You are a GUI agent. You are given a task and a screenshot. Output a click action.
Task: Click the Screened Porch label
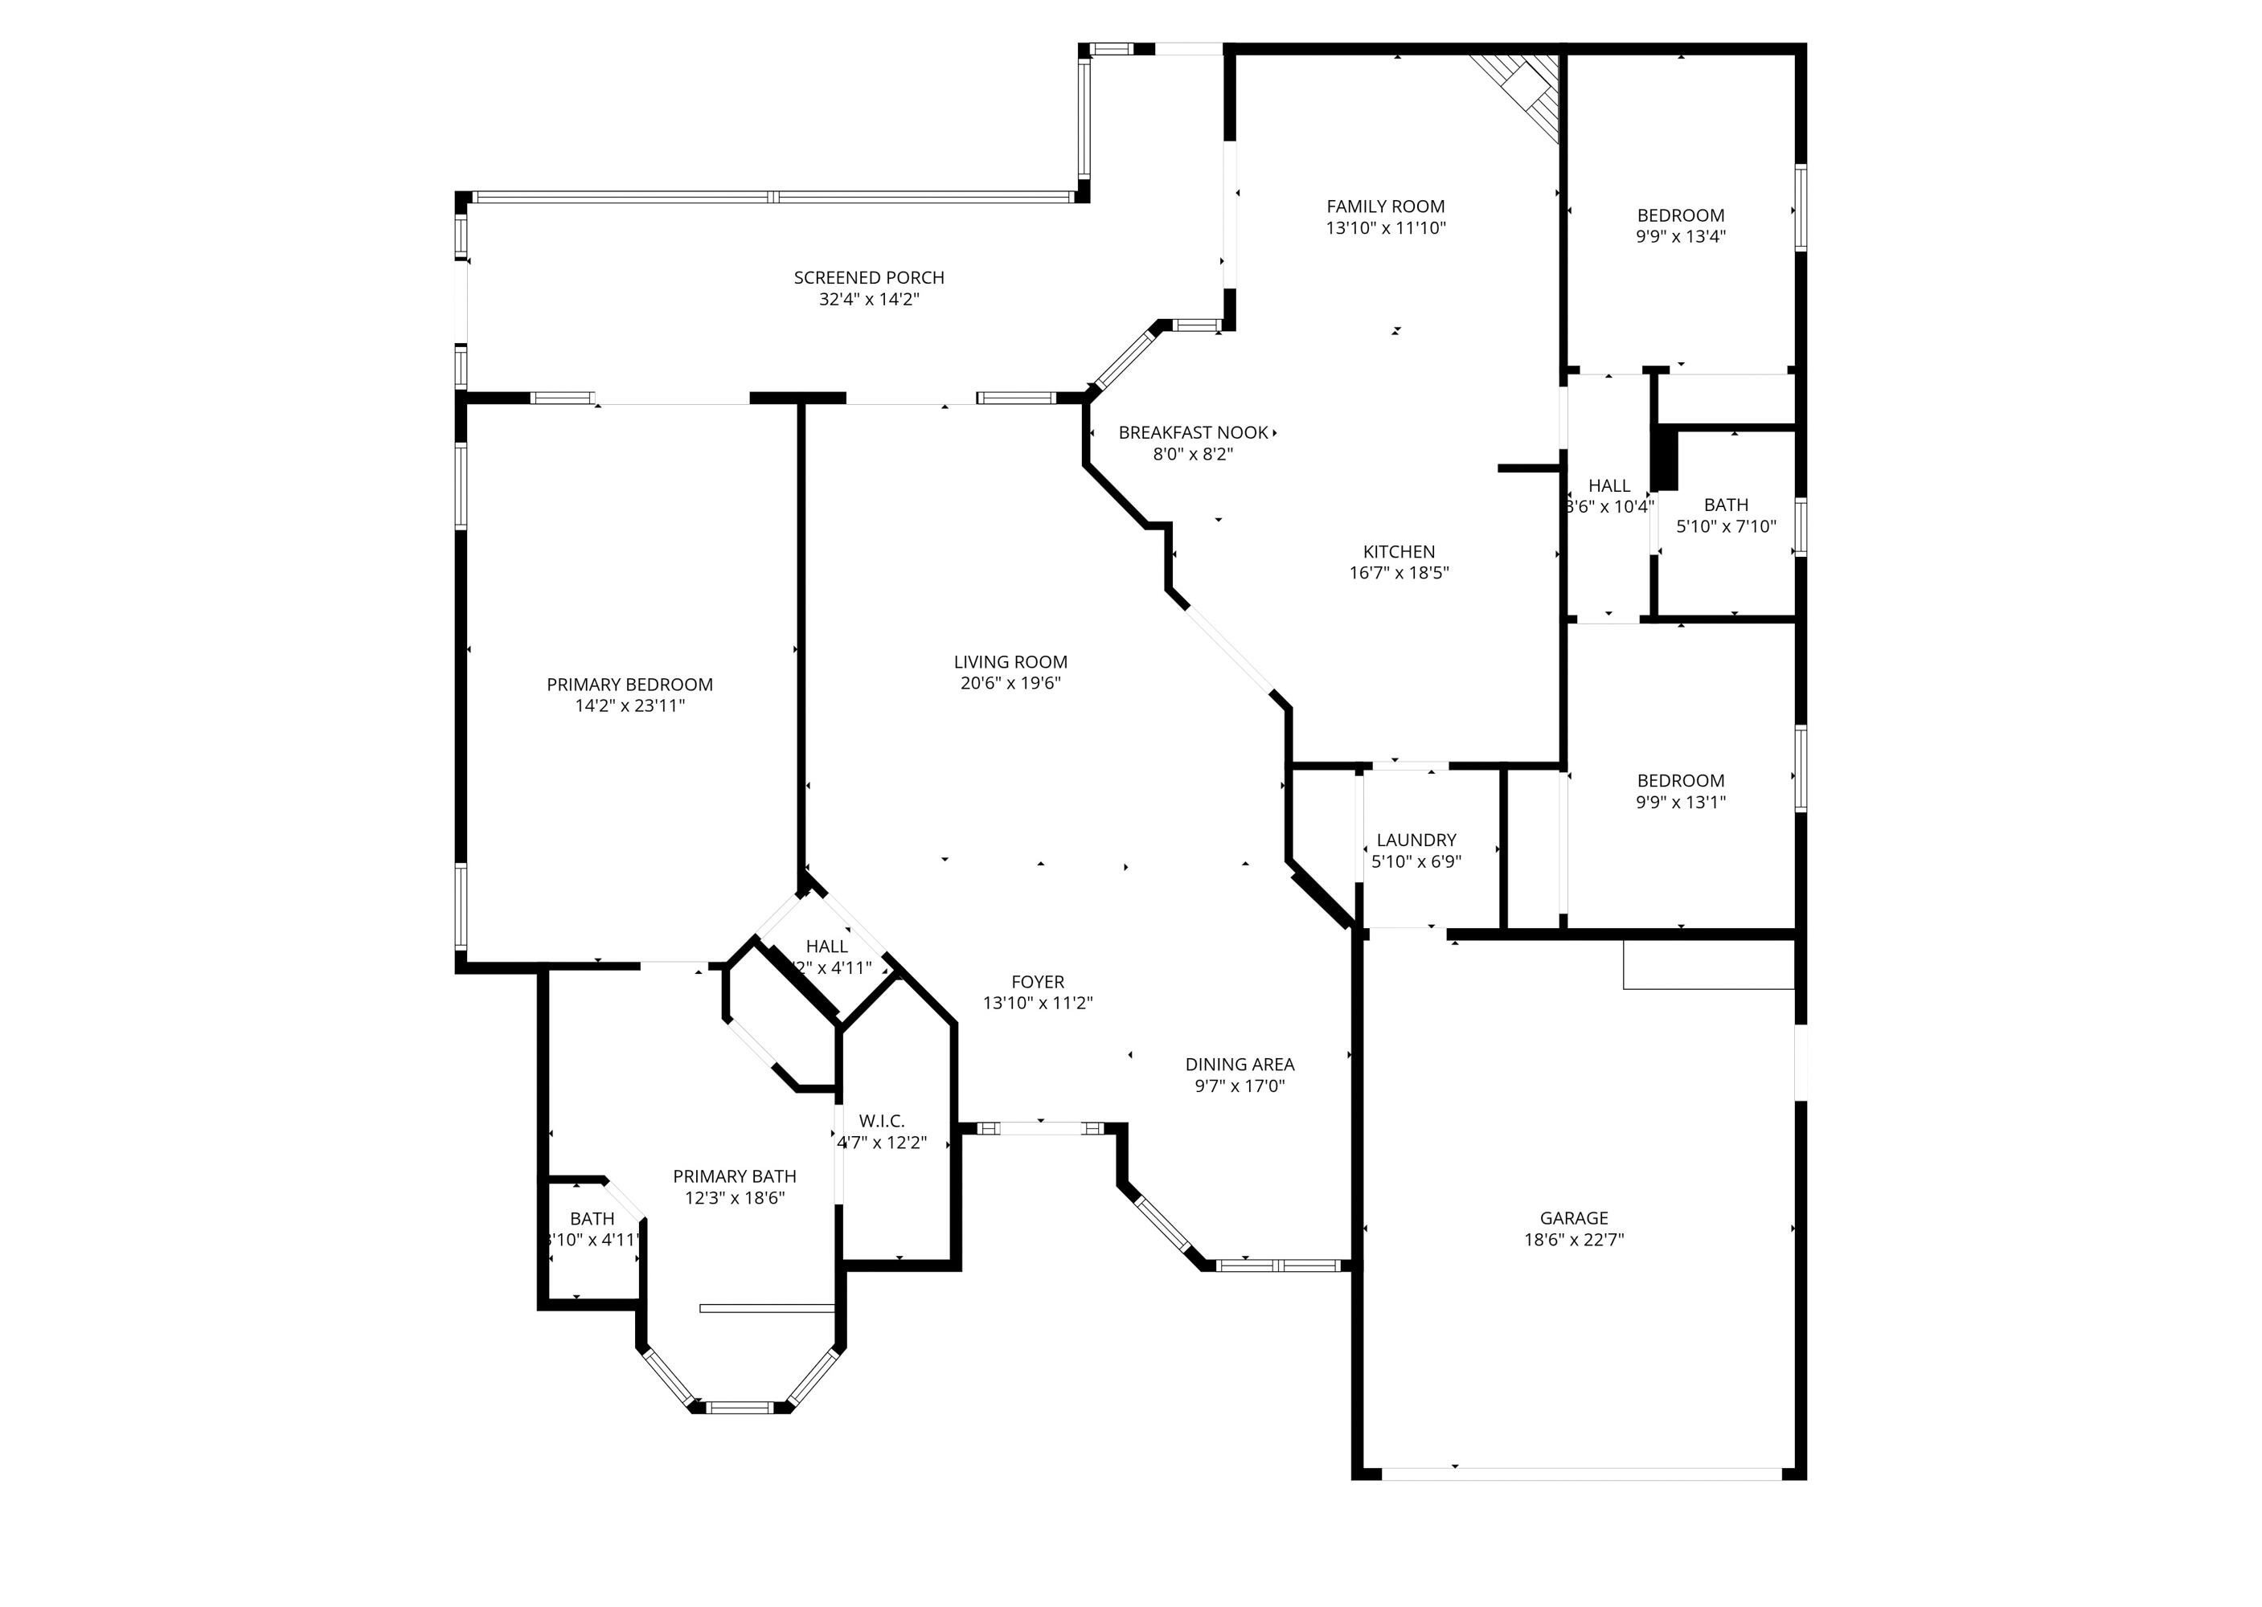pos(868,278)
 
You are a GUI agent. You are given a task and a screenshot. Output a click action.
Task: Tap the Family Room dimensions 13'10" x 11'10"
pos(1386,228)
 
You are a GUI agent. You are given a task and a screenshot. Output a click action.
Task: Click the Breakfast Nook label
pos(1193,433)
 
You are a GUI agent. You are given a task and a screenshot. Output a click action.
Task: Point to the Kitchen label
pos(1398,552)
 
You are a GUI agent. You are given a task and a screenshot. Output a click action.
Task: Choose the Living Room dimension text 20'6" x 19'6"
pos(1010,684)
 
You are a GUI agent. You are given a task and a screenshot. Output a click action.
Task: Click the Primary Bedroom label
pos(629,685)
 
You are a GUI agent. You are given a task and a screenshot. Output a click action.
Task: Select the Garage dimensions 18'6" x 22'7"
pos(1574,1240)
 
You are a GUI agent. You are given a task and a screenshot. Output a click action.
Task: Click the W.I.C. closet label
pos(881,1121)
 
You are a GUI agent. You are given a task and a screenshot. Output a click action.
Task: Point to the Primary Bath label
pos(735,1176)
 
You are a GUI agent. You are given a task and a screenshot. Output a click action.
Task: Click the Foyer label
pos(1038,982)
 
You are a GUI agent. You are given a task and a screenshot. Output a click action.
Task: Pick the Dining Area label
pos(1240,1065)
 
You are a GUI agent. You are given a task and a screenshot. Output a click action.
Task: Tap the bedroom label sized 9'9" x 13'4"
pos(1680,215)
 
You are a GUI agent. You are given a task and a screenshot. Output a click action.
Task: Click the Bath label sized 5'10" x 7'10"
pos(1726,505)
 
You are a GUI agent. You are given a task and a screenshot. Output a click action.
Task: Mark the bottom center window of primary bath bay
pos(740,1406)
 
